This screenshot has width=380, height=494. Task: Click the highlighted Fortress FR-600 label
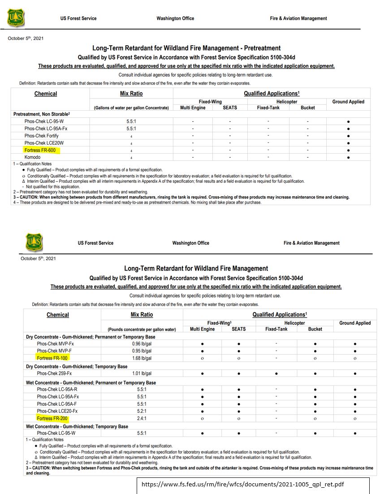40,150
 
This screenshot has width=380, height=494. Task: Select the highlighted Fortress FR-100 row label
52,358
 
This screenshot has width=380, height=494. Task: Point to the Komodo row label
33,157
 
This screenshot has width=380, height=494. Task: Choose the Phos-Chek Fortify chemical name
41,136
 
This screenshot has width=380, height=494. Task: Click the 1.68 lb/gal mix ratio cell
142,358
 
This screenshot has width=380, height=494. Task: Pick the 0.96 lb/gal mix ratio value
142,344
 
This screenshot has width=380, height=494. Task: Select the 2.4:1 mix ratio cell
142,418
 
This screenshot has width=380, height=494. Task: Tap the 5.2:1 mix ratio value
142,411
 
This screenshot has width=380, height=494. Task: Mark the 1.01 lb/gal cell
142,373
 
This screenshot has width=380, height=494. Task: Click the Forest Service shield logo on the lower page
35,242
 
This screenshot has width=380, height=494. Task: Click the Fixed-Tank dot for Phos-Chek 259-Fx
276,373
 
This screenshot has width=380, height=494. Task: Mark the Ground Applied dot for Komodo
348,157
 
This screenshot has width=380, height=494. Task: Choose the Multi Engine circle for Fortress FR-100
202,358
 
